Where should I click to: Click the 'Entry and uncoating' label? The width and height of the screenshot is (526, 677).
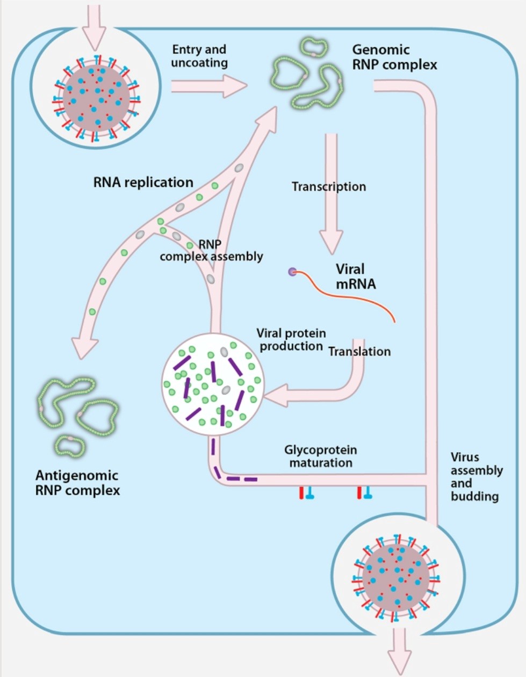[x=199, y=56]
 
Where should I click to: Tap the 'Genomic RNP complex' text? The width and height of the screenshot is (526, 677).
[x=394, y=57]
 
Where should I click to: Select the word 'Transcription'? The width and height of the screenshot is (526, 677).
[x=328, y=187]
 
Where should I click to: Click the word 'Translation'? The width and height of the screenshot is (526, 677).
[x=359, y=352]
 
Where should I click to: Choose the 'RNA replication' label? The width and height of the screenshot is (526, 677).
[x=143, y=183]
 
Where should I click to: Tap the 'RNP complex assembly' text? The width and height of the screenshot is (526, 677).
[x=211, y=251]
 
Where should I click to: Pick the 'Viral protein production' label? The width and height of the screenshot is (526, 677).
[x=291, y=340]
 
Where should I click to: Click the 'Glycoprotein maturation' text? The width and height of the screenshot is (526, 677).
[x=321, y=456]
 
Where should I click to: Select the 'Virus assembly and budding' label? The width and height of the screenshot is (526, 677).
[x=476, y=477]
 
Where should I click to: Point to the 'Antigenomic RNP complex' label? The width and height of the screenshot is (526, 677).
[x=77, y=483]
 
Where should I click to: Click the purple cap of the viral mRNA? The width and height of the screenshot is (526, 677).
[x=292, y=272]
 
